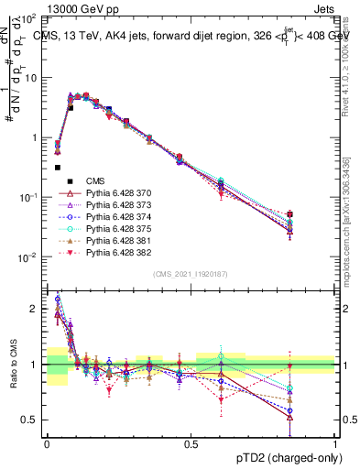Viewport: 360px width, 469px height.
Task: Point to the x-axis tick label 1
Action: coord(335,442)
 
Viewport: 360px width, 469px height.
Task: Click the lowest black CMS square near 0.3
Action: coord(58,168)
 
